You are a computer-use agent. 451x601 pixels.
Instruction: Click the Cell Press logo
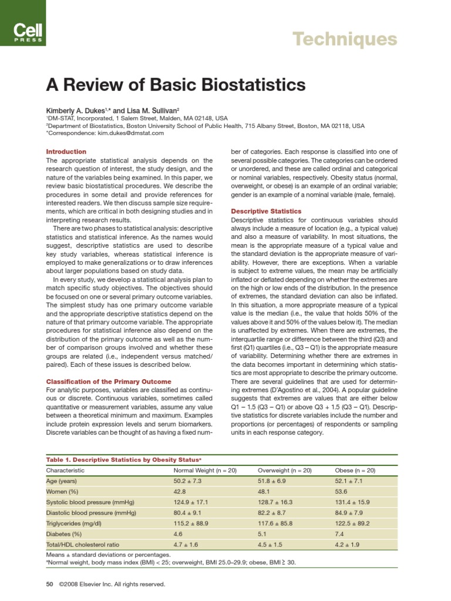(x=23, y=23)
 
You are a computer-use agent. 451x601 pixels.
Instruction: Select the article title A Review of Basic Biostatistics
(x=176, y=85)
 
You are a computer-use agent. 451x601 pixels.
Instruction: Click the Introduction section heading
(x=66, y=151)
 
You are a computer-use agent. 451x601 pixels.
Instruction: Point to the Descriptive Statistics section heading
(x=266, y=211)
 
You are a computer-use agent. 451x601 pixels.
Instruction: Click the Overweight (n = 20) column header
(x=284, y=470)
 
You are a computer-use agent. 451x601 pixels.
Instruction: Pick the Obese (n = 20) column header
(x=356, y=470)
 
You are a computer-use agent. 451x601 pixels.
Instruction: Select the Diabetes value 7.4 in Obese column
(x=341, y=535)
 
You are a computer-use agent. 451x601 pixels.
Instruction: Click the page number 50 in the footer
(x=49, y=584)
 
